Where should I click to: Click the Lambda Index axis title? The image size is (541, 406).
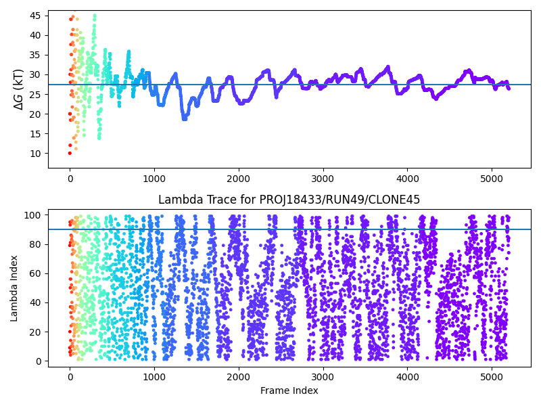coord(14,288)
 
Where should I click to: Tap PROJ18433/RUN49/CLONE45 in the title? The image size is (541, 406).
coord(339,200)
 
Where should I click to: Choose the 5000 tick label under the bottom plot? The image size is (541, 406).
coord(491,377)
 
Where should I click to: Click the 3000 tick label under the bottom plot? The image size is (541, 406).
coord(323,377)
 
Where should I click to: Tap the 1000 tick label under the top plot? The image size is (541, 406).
coord(154,178)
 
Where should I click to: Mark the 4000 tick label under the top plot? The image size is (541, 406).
coord(407,178)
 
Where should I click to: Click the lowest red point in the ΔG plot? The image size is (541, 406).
coord(70,153)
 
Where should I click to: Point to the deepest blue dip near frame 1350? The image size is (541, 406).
coord(184,118)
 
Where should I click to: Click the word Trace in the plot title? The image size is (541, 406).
coord(216,200)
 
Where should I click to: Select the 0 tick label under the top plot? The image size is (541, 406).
coord(70,178)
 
